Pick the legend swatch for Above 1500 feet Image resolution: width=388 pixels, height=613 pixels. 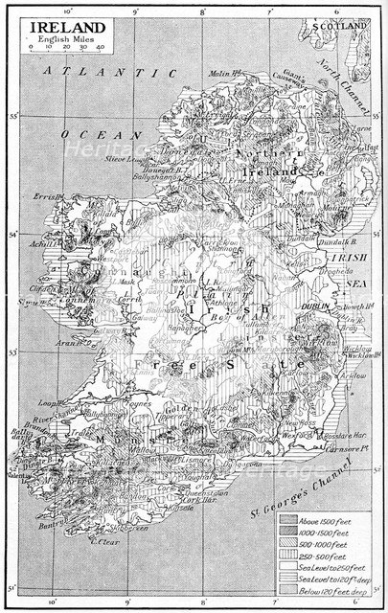coord(289,518)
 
